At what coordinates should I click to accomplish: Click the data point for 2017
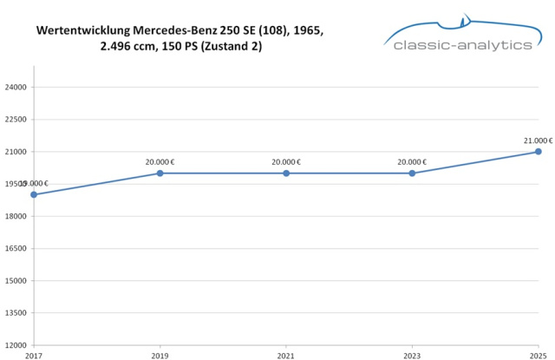[x=34, y=194]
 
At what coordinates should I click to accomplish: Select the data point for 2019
[x=160, y=173]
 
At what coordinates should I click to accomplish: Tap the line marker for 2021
[x=286, y=173]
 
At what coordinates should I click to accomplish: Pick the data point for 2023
[x=412, y=173]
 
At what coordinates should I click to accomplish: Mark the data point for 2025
[x=538, y=152]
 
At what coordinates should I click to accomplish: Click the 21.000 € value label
[x=538, y=140]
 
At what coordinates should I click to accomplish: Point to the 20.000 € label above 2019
[x=160, y=161]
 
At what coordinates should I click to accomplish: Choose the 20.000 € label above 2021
[x=286, y=161]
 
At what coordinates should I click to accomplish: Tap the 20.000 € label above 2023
[x=412, y=161]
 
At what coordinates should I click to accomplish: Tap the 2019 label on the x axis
[x=160, y=355]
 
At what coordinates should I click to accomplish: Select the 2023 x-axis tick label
[x=412, y=355]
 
